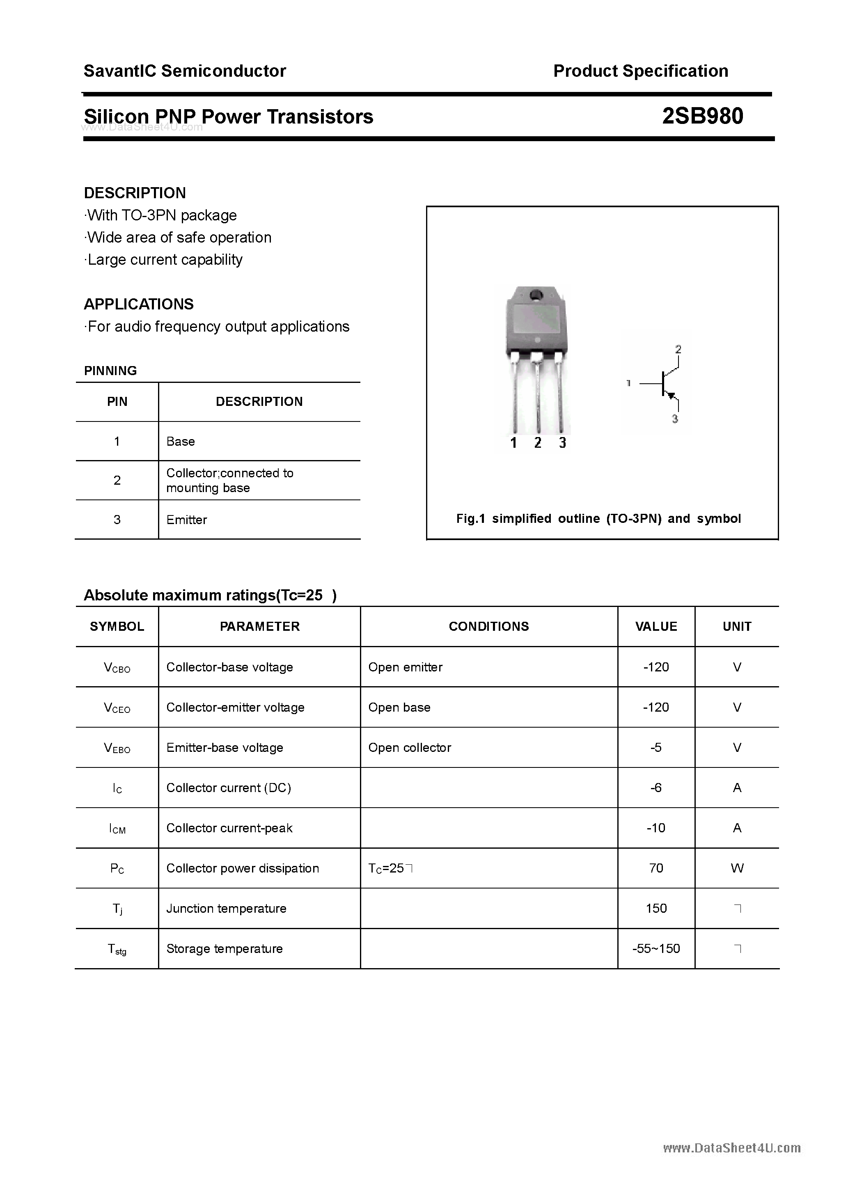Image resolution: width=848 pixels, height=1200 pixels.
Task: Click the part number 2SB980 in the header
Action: coord(702,116)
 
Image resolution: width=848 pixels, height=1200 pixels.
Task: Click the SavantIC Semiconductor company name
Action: coord(185,71)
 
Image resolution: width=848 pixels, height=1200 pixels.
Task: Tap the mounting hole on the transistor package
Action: coord(535,295)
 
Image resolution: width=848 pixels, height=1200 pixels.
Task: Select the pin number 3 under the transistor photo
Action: coord(562,443)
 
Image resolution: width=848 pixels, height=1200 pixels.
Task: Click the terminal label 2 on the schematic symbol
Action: coord(678,348)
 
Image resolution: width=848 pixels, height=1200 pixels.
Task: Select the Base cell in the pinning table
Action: coord(180,441)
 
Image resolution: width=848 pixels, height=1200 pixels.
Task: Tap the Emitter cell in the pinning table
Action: coord(187,520)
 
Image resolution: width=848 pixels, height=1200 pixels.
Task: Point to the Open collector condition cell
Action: coord(409,747)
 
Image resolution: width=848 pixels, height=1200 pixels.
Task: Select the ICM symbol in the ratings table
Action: coord(117,829)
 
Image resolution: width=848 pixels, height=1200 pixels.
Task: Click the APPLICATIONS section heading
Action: coord(139,304)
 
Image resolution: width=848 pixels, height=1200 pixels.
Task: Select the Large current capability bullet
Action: coord(164,260)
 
